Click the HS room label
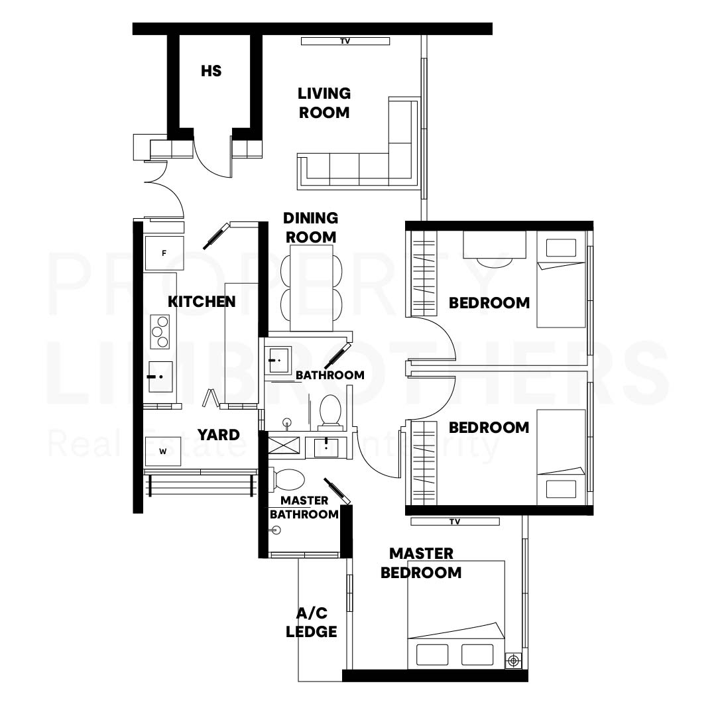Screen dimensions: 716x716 pyautogui.click(x=211, y=71)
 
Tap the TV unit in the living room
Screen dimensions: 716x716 pyautogui.click(x=345, y=41)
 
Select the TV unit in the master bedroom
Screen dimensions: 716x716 pyautogui.click(x=455, y=522)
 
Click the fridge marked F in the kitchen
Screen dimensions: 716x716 pyautogui.click(x=164, y=253)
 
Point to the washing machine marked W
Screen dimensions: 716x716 pyautogui.click(x=162, y=451)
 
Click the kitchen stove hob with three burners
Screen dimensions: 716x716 pyautogui.click(x=160, y=332)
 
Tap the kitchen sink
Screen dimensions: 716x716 pyautogui.click(x=160, y=377)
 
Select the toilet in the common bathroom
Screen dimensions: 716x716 pyautogui.click(x=330, y=412)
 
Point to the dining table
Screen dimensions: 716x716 pyautogui.click(x=311, y=288)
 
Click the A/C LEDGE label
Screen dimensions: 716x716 pyautogui.click(x=312, y=622)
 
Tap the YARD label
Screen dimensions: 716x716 pyautogui.click(x=218, y=435)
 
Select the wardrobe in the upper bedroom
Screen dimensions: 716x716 pyautogui.click(x=424, y=274)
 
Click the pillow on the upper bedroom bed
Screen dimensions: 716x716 pyautogui.click(x=561, y=248)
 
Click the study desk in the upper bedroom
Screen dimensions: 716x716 pyautogui.click(x=495, y=245)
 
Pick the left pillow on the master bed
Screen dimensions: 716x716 pyautogui.click(x=432, y=655)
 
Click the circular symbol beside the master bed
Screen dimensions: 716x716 pyautogui.click(x=514, y=661)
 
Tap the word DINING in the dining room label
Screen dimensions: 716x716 pyautogui.click(x=310, y=218)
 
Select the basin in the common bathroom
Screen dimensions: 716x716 pyautogui.click(x=278, y=360)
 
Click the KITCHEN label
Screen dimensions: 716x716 pyautogui.click(x=202, y=302)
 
